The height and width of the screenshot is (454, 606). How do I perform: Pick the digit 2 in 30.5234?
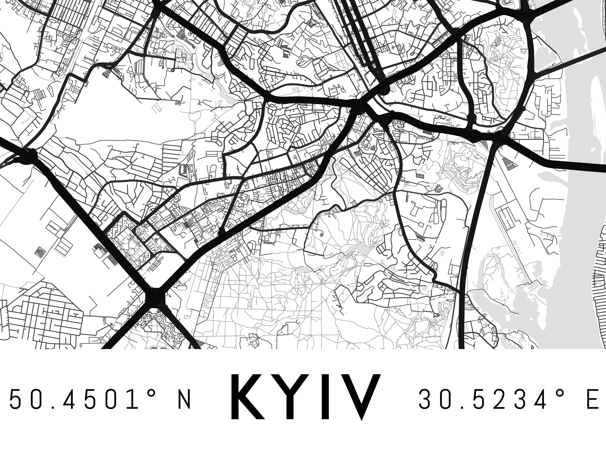pyautogui.click(x=495, y=399)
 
